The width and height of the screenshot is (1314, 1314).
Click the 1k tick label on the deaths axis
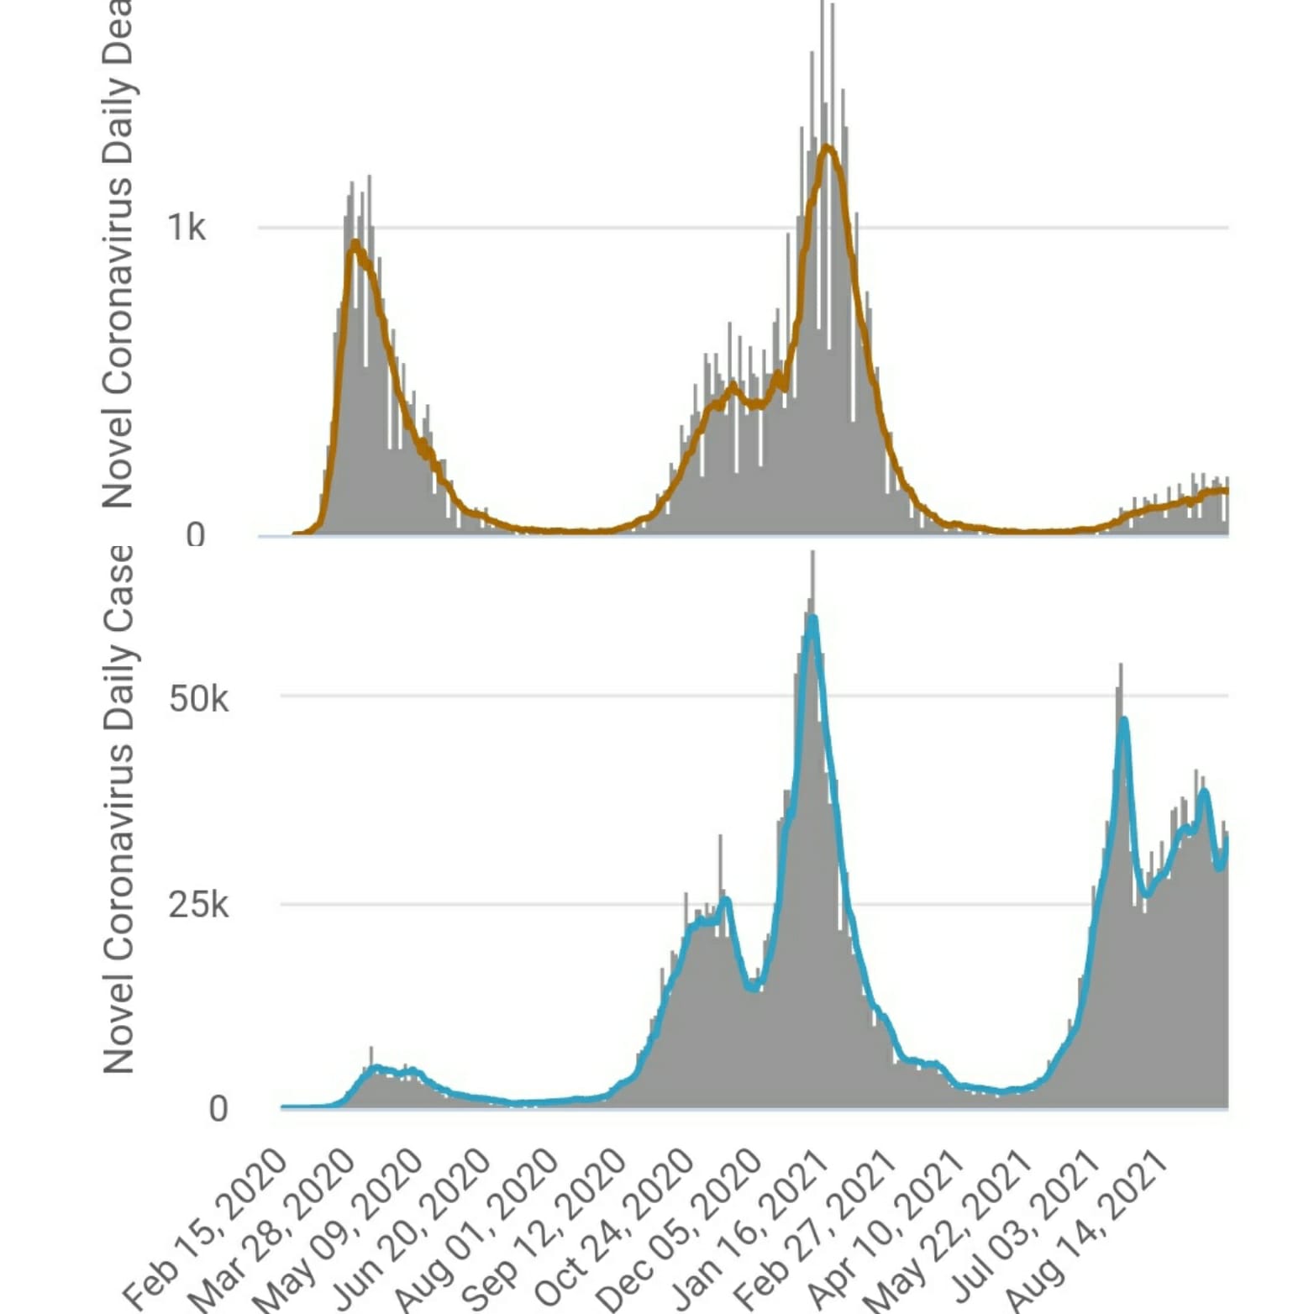click(186, 227)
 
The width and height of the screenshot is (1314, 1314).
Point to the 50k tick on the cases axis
click(198, 697)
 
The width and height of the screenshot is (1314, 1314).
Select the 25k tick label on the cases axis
click(198, 905)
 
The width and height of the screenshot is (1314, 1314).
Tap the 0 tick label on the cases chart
click(218, 1109)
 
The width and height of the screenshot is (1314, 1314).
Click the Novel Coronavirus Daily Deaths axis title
click(117, 252)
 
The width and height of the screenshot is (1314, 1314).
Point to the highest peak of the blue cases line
click(812, 618)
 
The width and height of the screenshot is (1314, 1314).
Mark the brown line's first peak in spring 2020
click(355, 243)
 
